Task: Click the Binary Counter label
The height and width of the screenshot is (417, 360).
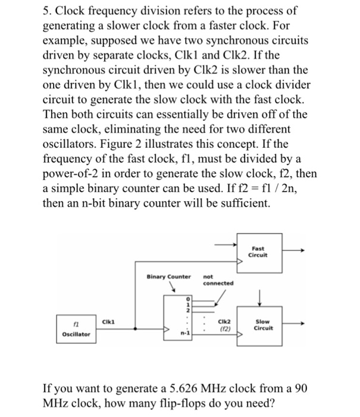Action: [x=169, y=276]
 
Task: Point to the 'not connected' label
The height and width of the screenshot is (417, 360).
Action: [x=218, y=279]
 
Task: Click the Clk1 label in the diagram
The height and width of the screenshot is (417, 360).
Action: [x=108, y=319]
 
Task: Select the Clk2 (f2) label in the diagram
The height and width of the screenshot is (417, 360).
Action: [x=224, y=325]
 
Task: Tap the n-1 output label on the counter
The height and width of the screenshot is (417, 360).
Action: [x=184, y=335]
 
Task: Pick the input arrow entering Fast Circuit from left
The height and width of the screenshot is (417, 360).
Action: [x=223, y=244]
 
